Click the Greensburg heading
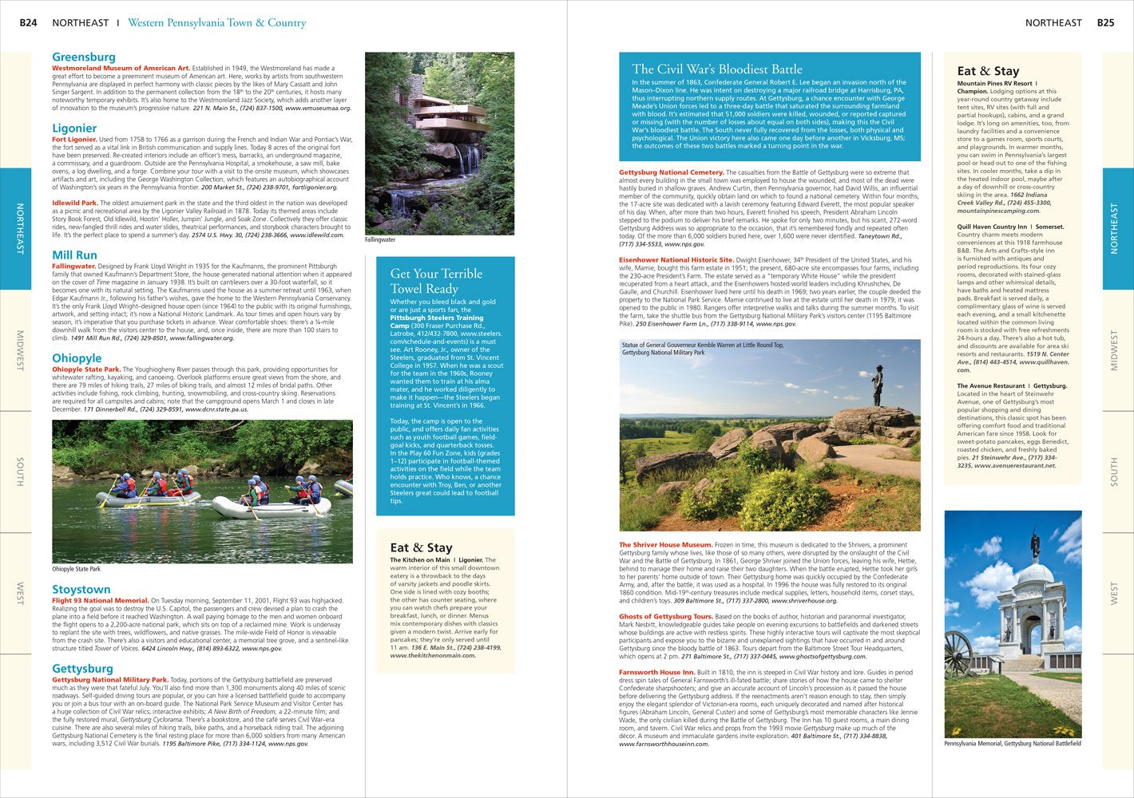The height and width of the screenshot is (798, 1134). pyautogui.click(x=84, y=57)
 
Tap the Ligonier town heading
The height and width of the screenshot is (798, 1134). pyautogui.click(x=74, y=128)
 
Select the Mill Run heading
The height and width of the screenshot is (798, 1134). pyautogui.click(x=74, y=255)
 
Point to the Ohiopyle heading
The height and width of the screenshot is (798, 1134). pyautogui.click(x=77, y=358)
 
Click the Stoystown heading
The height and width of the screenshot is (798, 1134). pyautogui.click(x=81, y=590)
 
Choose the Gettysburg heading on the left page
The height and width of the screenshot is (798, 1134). pyautogui.click(x=82, y=669)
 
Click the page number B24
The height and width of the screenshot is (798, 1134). pyautogui.click(x=28, y=23)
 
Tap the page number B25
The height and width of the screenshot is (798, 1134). pyautogui.click(x=1105, y=23)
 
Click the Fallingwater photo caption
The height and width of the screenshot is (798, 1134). pyautogui.click(x=380, y=239)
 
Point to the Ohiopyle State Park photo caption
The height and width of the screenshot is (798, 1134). pyautogui.click(x=77, y=569)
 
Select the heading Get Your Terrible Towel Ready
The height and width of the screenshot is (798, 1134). pyautogui.click(x=436, y=281)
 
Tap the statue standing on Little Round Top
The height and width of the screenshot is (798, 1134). pyautogui.click(x=878, y=386)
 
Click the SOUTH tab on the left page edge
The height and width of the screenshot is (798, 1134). pyautogui.click(x=19, y=472)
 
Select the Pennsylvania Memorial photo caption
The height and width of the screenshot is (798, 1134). pyautogui.click(x=1012, y=744)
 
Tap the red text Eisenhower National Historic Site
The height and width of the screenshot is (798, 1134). pyautogui.click(x=676, y=260)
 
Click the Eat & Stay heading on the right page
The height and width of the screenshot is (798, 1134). pyautogui.click(x=988, y=71)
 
